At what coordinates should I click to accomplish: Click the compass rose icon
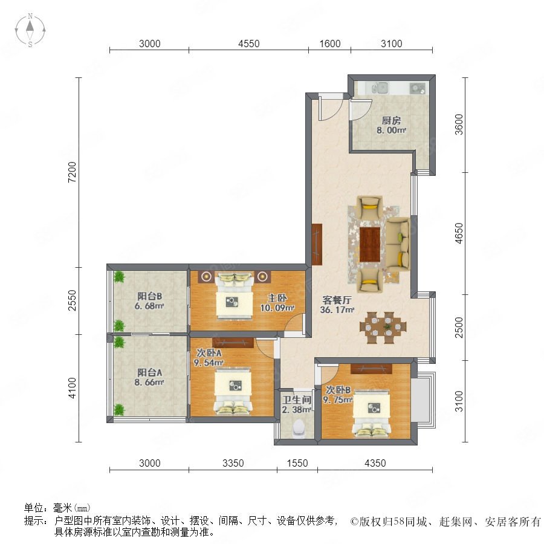coord(30,30)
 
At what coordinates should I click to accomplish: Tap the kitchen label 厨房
coord(391,120)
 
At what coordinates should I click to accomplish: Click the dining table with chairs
coord(383,327)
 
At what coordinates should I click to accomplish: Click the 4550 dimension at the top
coord(249,44)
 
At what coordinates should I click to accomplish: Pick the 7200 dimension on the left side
coord(72,172)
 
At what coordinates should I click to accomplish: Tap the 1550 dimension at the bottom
coord(297,463)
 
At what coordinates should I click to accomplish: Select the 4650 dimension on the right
coord(459,233)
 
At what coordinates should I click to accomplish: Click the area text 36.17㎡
coord(337,310)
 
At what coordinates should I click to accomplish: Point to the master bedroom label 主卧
coord(277,298)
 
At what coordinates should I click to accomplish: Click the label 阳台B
coord(149,296)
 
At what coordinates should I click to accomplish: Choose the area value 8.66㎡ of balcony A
coord(149,383)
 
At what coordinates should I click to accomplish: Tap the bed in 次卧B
coord(372,412)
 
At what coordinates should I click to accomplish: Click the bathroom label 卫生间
coord(297,400)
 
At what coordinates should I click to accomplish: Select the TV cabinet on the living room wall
coord(317,244)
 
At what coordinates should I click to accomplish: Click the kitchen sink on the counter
coord(381,88)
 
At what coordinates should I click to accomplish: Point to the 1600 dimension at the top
coord(329,44)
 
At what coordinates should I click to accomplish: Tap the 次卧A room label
coord(209,353)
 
